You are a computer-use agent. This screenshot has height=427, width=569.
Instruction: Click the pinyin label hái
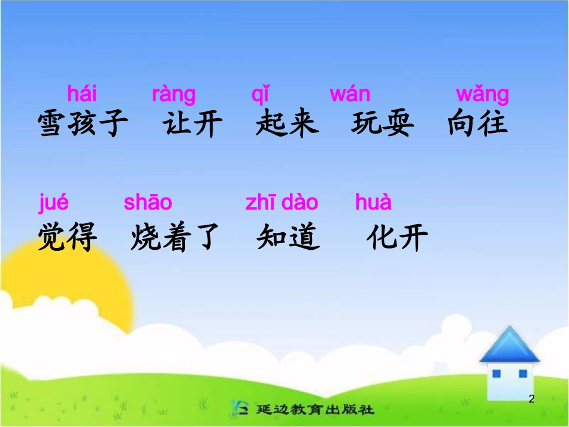(82, 94)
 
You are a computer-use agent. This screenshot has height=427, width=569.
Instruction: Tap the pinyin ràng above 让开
(174, 95)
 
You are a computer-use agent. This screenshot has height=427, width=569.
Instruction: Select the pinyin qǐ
(260, 95)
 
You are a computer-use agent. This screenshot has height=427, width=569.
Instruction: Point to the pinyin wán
(350, 94)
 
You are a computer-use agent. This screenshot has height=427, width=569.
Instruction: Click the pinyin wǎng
(482, 95)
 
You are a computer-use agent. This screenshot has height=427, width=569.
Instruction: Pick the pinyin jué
(54, 203)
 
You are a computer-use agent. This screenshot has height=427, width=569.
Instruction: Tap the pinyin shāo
(148, 202)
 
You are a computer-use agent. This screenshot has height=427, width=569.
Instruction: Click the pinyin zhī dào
(282, 202)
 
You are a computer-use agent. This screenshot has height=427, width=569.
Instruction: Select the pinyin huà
(373, 202)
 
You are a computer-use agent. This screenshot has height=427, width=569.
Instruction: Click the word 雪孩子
(83, 124)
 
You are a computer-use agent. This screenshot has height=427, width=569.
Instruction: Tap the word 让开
(192, 124)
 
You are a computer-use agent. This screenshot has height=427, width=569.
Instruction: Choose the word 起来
(287, 124)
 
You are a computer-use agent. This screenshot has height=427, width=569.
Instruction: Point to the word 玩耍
(382, 124)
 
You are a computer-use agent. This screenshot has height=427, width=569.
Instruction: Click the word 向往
(477, 124)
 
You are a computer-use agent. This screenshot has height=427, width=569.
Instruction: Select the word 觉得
(67, 237)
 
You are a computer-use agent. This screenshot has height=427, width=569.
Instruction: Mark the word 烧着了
(175, 238)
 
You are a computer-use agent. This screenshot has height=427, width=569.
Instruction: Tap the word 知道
(287, 238)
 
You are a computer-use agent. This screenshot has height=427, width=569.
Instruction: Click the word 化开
(397, 238)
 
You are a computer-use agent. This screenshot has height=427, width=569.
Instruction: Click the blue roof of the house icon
(509, 345)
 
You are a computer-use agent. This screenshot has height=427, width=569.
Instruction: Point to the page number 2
(531, 399)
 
